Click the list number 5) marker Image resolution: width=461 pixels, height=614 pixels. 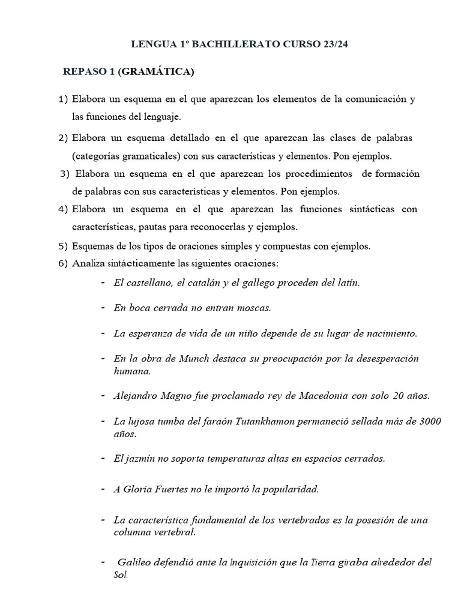point(63,246)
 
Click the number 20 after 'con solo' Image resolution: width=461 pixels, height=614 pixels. point(393,396)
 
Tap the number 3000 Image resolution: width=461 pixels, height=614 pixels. point(428,422)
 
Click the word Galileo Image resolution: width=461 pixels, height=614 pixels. point(137,562)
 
